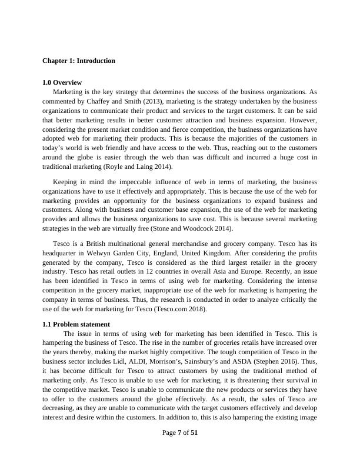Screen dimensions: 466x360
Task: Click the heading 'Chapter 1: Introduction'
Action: coord(79,61)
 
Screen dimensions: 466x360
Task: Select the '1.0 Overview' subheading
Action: coord(62,82)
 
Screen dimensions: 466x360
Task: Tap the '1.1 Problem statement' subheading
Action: coord(76,324)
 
